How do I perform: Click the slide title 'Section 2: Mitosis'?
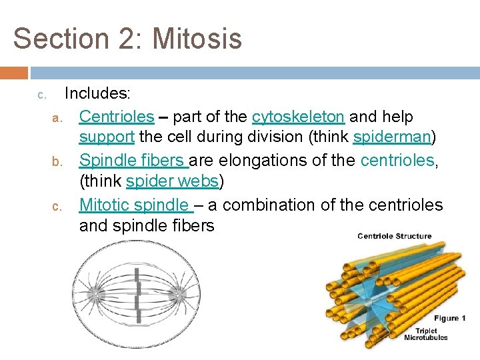coord(127,39)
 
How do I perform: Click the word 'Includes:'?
coord(97,95)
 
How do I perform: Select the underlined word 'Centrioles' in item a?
coord(116,117)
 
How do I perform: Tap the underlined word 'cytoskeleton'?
coord(298,117)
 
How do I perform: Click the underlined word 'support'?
coord(107,138)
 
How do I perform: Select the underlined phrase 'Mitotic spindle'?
coord(135,205)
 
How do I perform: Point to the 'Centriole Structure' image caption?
coord(394,236)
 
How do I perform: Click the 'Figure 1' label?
coord(450,318)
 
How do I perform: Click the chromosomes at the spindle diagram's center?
coord(138,295)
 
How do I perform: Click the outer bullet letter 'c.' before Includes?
coord(41,96)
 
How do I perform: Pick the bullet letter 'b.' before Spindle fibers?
coord(57,162)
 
